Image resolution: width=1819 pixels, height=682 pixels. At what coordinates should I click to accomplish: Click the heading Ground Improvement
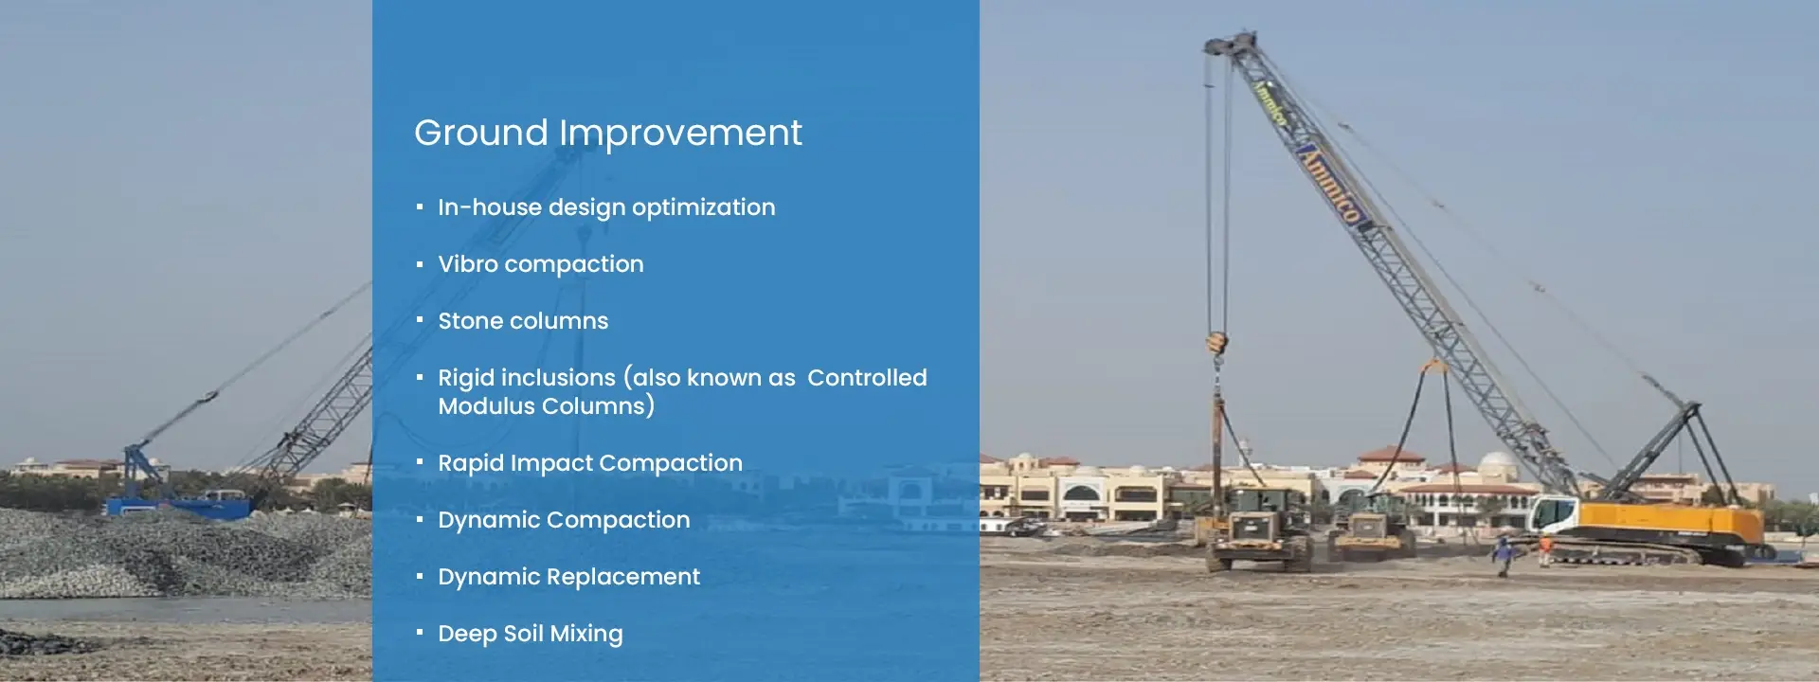[x=607, y=134]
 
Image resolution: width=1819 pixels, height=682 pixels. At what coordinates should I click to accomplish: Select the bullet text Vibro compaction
[x=540, y=264]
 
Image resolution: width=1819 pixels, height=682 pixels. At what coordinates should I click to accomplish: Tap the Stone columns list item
[x=523, y=321]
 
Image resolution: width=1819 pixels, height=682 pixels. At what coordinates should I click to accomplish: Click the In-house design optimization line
[x=606, y=207]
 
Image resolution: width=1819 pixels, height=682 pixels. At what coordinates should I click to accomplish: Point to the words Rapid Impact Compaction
[x=590, y=463]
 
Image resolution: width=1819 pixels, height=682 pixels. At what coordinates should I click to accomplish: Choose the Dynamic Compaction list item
[x=564, y=520]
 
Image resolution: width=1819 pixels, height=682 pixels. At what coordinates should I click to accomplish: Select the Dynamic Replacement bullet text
[x=568, y=577]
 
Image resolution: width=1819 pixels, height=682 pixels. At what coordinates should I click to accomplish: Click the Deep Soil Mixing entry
[x=531, y=634]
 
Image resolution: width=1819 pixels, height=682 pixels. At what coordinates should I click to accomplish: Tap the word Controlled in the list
[x=867, y=378]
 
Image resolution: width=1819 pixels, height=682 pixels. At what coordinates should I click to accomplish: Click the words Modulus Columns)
[x=547, y=406]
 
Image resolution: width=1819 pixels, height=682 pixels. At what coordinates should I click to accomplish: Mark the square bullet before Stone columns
[x=420, y=320]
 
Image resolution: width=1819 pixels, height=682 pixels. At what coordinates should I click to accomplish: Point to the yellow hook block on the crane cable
[x=1217, y=343]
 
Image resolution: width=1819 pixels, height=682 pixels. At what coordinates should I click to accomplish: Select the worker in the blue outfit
[x=1502, y=555]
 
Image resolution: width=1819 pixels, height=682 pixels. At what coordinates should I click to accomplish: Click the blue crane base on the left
[x=180, y=505]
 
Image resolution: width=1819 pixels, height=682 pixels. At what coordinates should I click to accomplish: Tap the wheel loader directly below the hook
[x=1259, y=535]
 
